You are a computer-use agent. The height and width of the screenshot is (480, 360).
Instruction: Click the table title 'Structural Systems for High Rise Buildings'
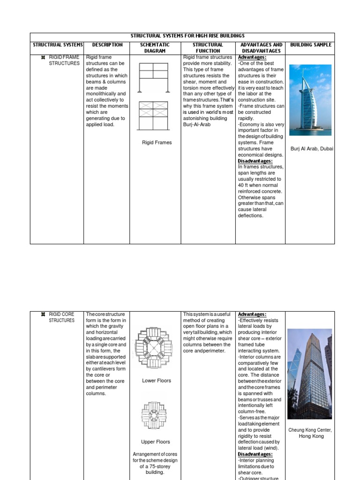pyautogui.click(x=182, y=36)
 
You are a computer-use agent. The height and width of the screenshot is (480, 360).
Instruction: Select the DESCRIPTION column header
pyautogui.click(x=107, y=45)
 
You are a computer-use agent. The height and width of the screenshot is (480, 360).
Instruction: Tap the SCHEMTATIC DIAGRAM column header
pyautogui.click(x=155, y=48)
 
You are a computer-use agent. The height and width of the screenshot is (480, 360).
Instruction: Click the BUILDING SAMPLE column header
pyautogui.click(x=310, y=45)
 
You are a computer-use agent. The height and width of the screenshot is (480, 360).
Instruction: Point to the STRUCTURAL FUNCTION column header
pyautogui.click(x=208, y=48)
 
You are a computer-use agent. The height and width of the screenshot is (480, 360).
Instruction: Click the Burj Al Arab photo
pyautogui.click(x=310, y=100)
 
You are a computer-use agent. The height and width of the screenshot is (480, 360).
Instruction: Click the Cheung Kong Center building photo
pyautogui.click(x=309, y=374)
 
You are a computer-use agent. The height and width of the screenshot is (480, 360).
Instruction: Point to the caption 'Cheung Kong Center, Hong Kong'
pyautogui.click(x=311, y=433)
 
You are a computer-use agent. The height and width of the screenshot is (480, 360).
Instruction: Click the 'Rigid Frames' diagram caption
pyautogui.click(x=157, y=143)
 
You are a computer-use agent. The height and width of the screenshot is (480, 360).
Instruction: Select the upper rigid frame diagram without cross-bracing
pyautogui.click(x=153, y=77)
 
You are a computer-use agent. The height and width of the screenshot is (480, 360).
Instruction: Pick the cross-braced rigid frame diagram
pyautogui.click(x=153, y=116)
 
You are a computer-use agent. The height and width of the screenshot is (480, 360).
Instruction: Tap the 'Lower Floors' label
pyautogui.click(x=156, y=381)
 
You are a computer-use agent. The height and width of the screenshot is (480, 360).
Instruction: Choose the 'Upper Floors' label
pyautogui.click(x=156, y=442)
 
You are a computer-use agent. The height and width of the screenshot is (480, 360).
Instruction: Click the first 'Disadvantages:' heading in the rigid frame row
pyautogui.click(x=255, y=161)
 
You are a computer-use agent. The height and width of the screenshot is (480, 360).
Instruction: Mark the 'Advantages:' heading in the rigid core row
pyautogui.click(x=252, y=314)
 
